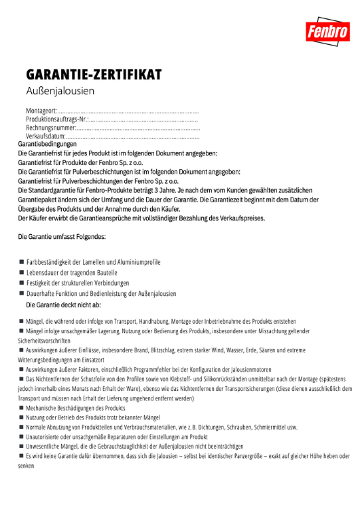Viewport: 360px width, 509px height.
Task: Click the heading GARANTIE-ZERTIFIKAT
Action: point(94,74)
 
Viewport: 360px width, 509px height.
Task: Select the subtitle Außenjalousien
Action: point(60,90)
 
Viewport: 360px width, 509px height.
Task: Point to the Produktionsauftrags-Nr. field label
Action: point(56,119)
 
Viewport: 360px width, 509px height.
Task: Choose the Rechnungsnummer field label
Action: point(50,128)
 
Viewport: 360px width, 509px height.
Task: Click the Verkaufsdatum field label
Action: point(46,136)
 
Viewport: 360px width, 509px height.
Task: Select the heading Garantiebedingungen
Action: point(47,144)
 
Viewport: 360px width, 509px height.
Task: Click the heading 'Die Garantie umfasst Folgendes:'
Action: point(62,237)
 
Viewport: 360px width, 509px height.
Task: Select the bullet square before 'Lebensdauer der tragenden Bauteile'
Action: point(22,272)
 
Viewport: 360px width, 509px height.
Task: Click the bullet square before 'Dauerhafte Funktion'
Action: point(22,294)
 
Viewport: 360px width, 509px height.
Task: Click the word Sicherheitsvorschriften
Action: point(44,341)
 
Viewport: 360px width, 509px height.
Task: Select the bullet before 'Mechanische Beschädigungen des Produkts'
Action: point(22,409)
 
